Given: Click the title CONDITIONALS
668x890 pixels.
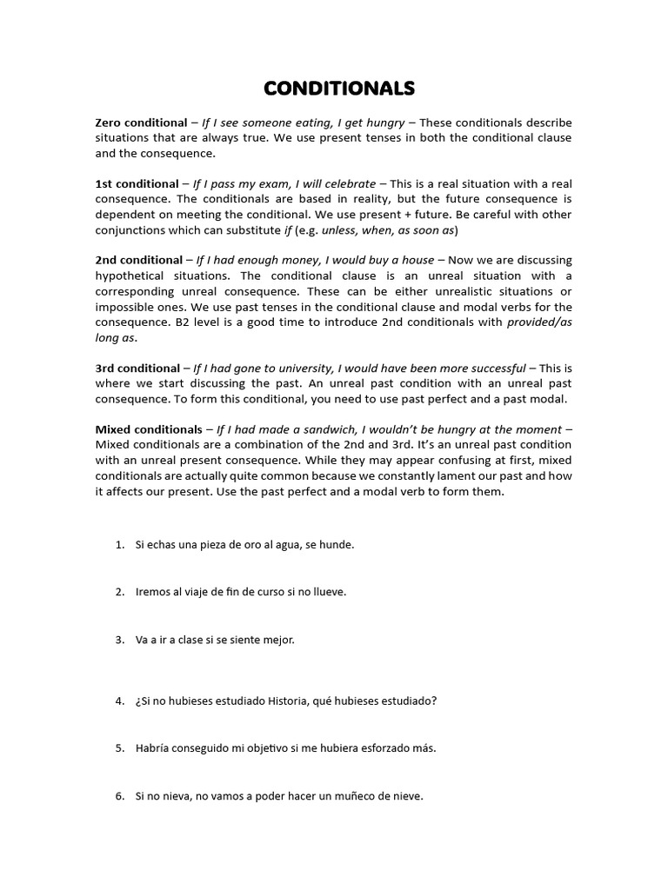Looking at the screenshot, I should click(x=339, y=89).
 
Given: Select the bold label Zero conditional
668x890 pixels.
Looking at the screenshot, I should click(x=141, y=123).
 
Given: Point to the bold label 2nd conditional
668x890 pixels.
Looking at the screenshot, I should click(x=139, y=260).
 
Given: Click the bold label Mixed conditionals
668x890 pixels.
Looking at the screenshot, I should click(x=148, y=428).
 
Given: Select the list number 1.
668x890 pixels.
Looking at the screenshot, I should click(x=119, y=545).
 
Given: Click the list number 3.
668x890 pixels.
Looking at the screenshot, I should click(x=119, y=640).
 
